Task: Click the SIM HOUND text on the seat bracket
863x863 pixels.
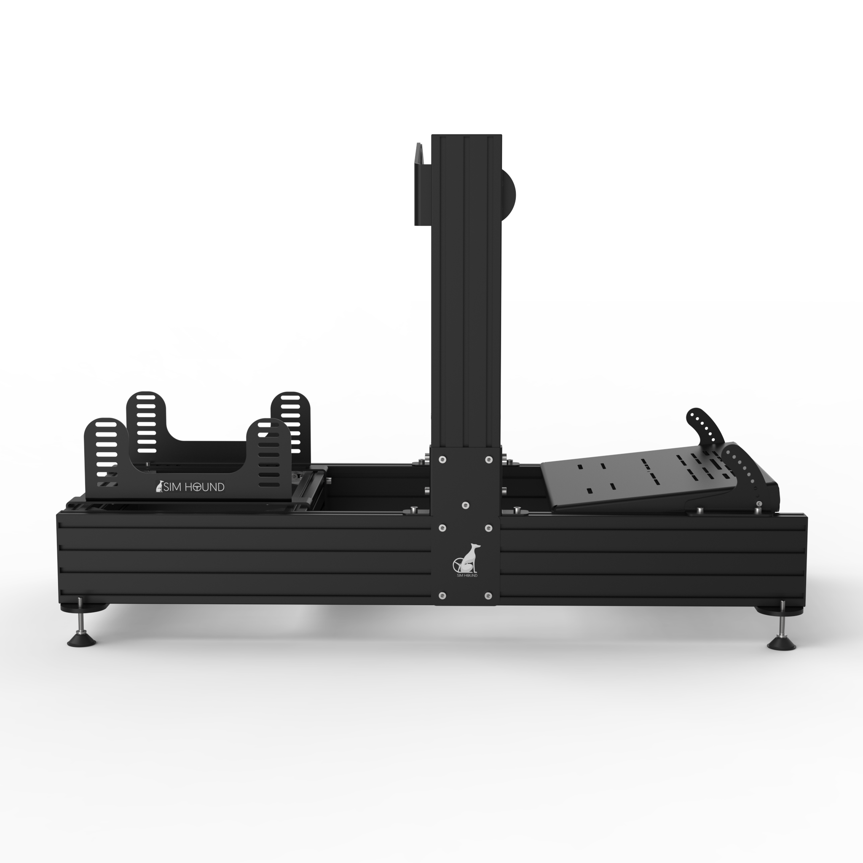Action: (193, 487)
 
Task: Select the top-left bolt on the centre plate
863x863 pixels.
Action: (442, 459)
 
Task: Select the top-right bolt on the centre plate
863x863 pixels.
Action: (489, 459)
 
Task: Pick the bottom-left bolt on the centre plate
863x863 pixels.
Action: (442, 595)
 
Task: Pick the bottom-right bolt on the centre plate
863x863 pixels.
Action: (488, 595)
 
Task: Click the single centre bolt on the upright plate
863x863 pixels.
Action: (466, 505)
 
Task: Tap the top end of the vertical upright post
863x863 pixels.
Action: (466, 136)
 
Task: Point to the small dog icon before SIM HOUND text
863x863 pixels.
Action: (159, 486)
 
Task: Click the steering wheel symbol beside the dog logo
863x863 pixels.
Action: (458, 565)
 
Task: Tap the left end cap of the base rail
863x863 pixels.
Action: (59, 558)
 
